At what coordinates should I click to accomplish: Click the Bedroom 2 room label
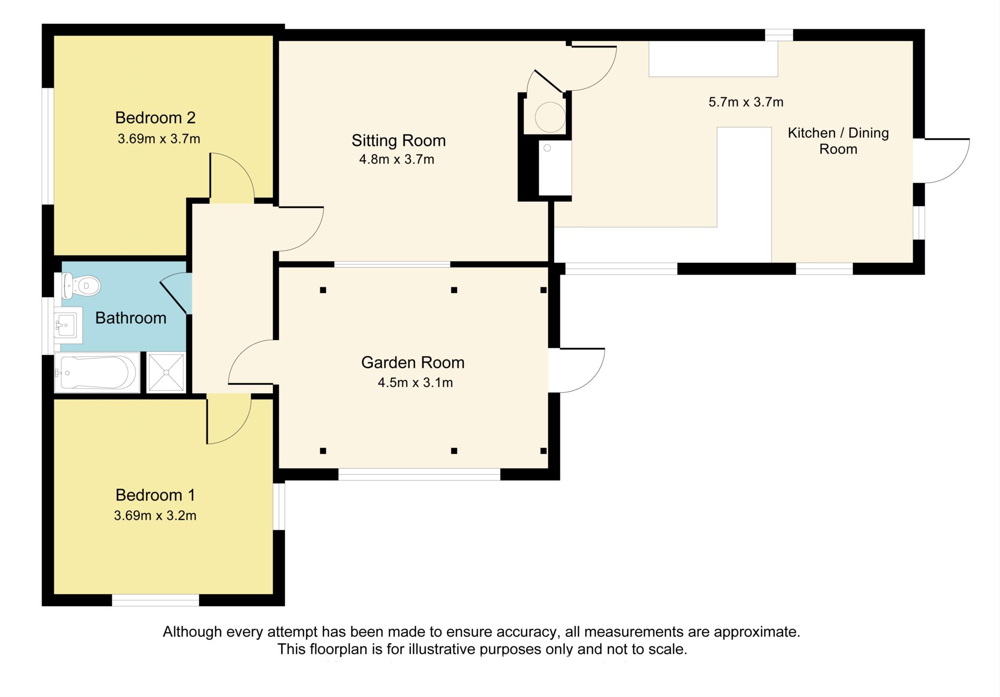(x=155, y=118)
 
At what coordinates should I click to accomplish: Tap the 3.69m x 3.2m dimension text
(x=155, y=516)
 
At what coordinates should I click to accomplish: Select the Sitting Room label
(x=398, y=141)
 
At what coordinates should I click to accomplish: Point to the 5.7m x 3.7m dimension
(x=746, y=102)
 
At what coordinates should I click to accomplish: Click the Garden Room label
(x=413, y=362)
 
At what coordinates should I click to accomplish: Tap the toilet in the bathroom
(x=81, y=286)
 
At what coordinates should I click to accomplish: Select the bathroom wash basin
(x=68, y=322)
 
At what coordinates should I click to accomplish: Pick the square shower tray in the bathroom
(x=166, y=372)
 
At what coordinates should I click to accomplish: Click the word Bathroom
(x=131, y=318)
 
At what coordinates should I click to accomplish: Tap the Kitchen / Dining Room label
(x=838, y=141)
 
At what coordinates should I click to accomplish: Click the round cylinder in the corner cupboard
(x=550, y=117)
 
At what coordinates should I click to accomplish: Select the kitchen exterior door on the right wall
(x=941, y=161)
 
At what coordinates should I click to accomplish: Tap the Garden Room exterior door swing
(x=577, y=370)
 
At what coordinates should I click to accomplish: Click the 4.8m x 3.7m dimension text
(x=396, y=159)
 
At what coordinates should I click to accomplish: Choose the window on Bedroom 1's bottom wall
(x=156, y=600)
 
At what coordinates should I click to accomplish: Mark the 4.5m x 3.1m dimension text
(x=415, y=382)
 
